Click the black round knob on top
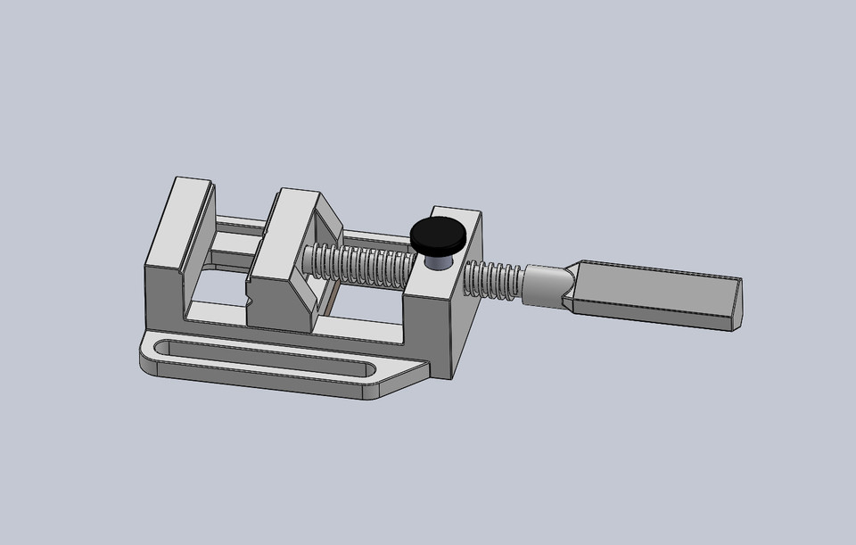click(x=439, y=235)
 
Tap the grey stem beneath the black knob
click(x=439, y=260)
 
